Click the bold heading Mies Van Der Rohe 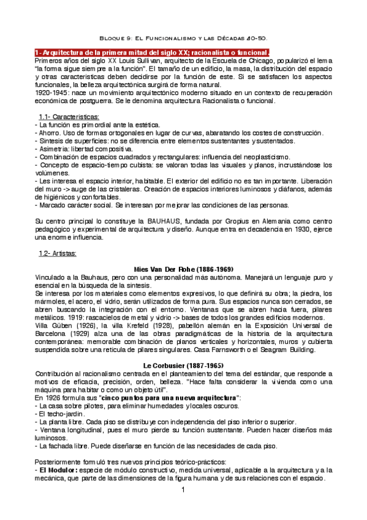(x=183, y=269)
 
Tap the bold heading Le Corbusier (x=183, y=365)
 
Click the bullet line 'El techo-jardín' (x=58, y=414)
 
